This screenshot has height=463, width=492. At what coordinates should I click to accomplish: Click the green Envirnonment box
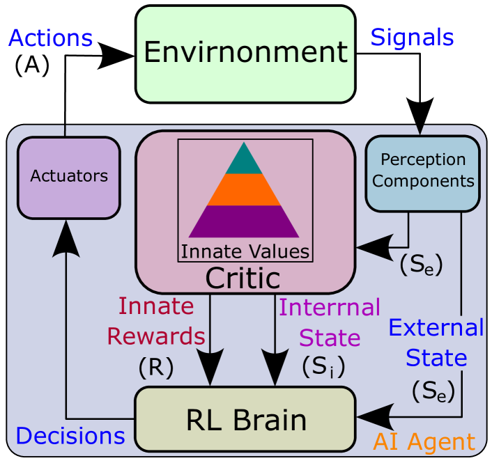[x=245, y=54]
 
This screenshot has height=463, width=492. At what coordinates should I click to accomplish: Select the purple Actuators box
[x=69, y=177]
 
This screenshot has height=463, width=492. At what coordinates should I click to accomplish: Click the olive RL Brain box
[x=245, y=419]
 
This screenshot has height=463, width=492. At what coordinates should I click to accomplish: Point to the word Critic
[x=243, y=278]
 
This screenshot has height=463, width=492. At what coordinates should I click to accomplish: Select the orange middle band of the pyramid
[x=244, y=189]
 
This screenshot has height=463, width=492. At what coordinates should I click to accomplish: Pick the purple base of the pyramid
[x=244, y=222]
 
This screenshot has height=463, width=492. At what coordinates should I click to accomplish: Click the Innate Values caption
[x=245, y=251]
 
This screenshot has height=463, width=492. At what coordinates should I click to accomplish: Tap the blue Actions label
[x=50, y=38]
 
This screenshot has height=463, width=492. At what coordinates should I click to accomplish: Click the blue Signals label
[x=412, y=37]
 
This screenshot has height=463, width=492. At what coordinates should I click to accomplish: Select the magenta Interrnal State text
[x=330, y=322]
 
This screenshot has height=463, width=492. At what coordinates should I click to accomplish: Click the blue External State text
[x=436, y=343]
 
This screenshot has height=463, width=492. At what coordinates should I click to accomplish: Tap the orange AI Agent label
[x=424, y=441]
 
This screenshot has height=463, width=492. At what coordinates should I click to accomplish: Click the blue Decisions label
[x=70, y=437]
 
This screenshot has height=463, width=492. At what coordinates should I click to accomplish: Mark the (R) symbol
[x=155, y=368]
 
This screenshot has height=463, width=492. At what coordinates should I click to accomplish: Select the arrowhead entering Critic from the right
[x=373, y=246]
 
